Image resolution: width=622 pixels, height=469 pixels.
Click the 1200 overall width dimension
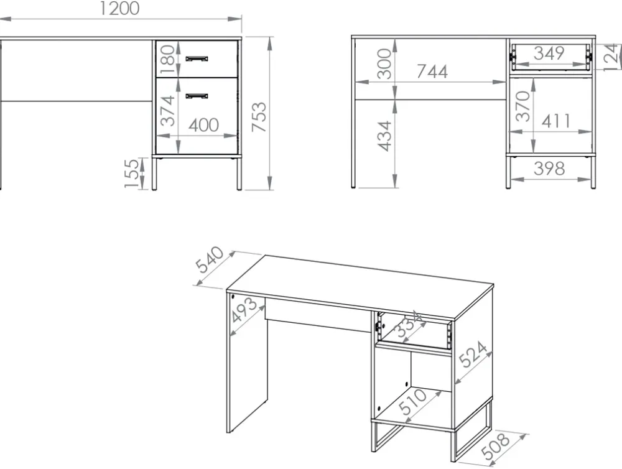[119, 9]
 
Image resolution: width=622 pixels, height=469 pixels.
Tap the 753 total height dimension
[259, 117]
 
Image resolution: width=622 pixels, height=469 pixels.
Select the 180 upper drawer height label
[167, 59]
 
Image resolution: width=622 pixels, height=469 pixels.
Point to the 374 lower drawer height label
[167, 110]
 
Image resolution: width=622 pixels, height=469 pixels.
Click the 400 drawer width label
[203, 125]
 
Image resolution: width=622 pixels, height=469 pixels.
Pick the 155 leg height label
[132, 174]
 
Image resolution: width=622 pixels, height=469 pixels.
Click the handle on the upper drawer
[197, 58]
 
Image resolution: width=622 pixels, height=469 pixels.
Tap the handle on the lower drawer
[197, 96]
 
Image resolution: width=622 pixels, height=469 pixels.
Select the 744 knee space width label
[432, 72]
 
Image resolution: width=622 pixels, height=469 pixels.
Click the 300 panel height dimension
[384, 63]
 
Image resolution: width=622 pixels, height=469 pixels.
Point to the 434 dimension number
[384, 136]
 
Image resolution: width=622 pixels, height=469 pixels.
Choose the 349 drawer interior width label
[549, 53]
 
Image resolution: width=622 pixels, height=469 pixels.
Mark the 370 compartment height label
[523, 106]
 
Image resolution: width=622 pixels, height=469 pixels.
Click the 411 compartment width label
[556, 121]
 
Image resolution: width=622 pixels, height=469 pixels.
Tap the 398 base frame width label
[549, 169]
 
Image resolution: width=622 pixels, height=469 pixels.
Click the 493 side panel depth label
[244, 310]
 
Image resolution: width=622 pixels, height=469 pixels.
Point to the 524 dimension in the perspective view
[473, 354]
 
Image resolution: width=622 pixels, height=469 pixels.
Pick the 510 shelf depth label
[412, 401]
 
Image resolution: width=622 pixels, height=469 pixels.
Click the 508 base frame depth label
[495, 446]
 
